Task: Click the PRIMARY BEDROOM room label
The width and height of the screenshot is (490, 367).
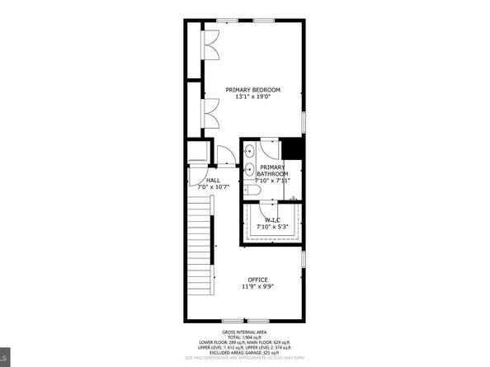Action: click(x=253, y=90)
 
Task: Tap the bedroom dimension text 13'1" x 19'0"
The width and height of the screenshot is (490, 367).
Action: click(x=253, y=98)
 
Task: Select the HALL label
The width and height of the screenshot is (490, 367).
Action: click(x=213, y=180)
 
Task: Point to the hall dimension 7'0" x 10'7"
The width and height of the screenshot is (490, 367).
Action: click(x=213, y=187)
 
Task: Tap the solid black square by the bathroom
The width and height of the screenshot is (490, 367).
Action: click(x=293, y=149)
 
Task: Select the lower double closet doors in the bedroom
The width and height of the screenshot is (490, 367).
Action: click(x=210, y=111)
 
